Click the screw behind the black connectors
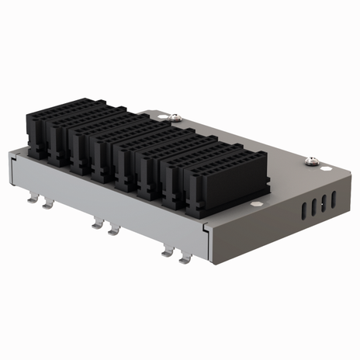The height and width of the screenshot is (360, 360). (173, 118)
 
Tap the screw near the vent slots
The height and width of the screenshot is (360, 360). (312, 161)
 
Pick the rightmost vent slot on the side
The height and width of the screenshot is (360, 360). (334, 199)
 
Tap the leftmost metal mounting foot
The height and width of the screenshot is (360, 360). (33, 199)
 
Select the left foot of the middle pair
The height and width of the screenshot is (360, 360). (96, 225)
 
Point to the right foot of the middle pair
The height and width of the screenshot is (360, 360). (114, 230)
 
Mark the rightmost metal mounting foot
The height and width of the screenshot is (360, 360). (185, 258)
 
